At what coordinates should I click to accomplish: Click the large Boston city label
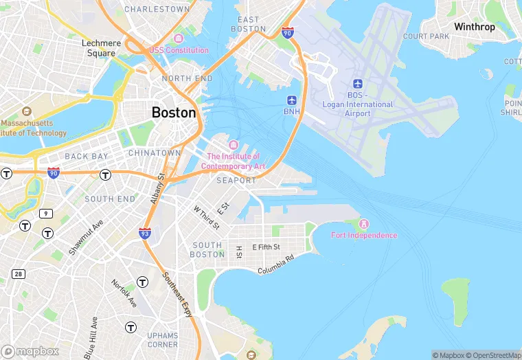coord(174,113)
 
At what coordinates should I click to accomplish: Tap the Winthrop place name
coord(474,27)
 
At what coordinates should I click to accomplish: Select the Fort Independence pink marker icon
coord(364,224)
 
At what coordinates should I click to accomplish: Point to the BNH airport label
coord(292,111)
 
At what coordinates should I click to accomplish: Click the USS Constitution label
coord(179,50)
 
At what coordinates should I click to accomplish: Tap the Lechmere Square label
coord(101,47)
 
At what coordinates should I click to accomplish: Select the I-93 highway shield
coord(145,234)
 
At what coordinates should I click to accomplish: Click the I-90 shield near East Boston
coord(288,32)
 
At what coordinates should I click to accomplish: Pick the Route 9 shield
coord(46,214)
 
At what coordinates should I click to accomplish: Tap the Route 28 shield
coord(18,274)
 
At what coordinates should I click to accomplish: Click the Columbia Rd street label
coord(276,265)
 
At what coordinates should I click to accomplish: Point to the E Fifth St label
coord(266,247)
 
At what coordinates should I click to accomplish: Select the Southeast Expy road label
coord(178,294)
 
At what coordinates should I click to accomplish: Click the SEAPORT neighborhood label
coord(236,181)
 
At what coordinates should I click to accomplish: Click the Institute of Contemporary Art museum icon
coord(233,145)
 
